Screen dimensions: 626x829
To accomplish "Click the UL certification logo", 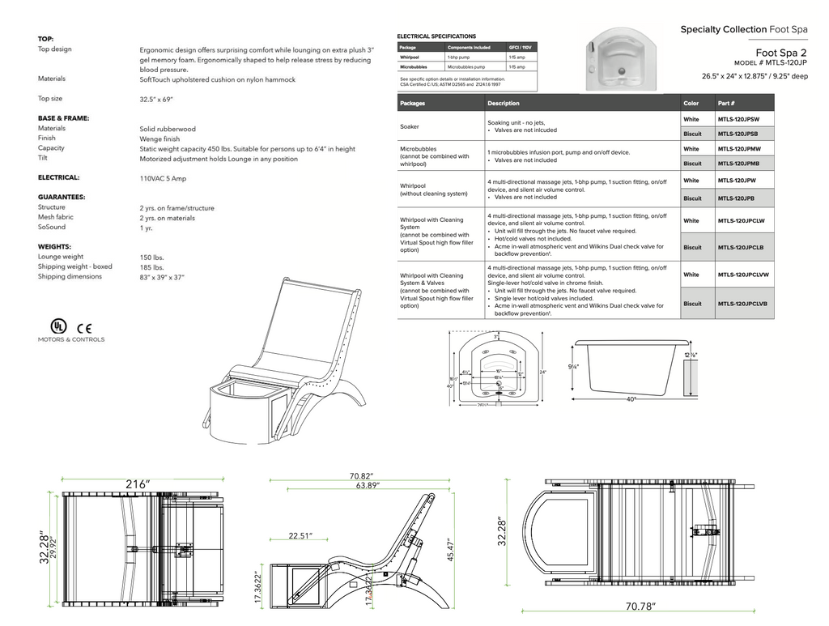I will pos(57,326).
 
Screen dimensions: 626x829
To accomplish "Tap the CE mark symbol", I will pos(84,328).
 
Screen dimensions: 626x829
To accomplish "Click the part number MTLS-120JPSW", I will pos(738,119).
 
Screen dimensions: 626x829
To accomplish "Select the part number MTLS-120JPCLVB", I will pos(742,304).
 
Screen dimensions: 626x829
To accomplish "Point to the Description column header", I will pos(503,103).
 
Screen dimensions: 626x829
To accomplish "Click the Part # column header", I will pos(725,103).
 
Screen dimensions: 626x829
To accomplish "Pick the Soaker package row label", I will pos(410,127).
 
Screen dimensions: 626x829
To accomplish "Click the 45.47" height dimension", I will pos(449,549).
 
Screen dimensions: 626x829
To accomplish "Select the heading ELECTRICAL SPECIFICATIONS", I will pos(436,36).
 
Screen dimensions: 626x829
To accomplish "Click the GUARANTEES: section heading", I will pos(62,197).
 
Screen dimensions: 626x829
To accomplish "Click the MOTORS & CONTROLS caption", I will pos(71,339).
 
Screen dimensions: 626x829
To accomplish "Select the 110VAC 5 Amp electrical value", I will pos(163,178).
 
